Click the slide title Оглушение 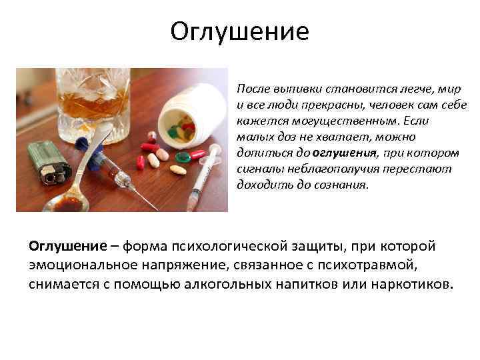[239, 31]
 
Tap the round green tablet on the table [182, 159]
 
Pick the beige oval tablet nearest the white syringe [178, 169]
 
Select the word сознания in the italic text [341, 185]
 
